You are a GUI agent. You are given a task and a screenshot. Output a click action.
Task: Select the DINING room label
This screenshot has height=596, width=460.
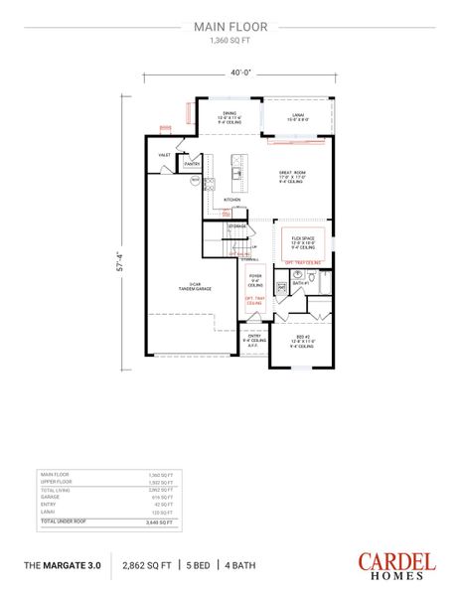click(x=230, y=114)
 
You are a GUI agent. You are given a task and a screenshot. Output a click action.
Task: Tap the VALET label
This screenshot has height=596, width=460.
click(x=164, y=156)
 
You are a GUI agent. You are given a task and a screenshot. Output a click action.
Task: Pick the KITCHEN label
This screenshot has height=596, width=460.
click(x=231, y=199)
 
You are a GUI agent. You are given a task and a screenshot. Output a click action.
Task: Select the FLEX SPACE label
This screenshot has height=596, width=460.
click(x=302, y=239)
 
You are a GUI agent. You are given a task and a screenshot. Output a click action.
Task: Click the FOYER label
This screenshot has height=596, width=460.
click(x=255, y=275)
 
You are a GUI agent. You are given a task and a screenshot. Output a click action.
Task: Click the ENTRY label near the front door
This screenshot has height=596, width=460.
click(x=255, y=336)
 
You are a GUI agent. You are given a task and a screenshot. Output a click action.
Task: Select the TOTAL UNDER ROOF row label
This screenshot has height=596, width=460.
click(x=63, y=522)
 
